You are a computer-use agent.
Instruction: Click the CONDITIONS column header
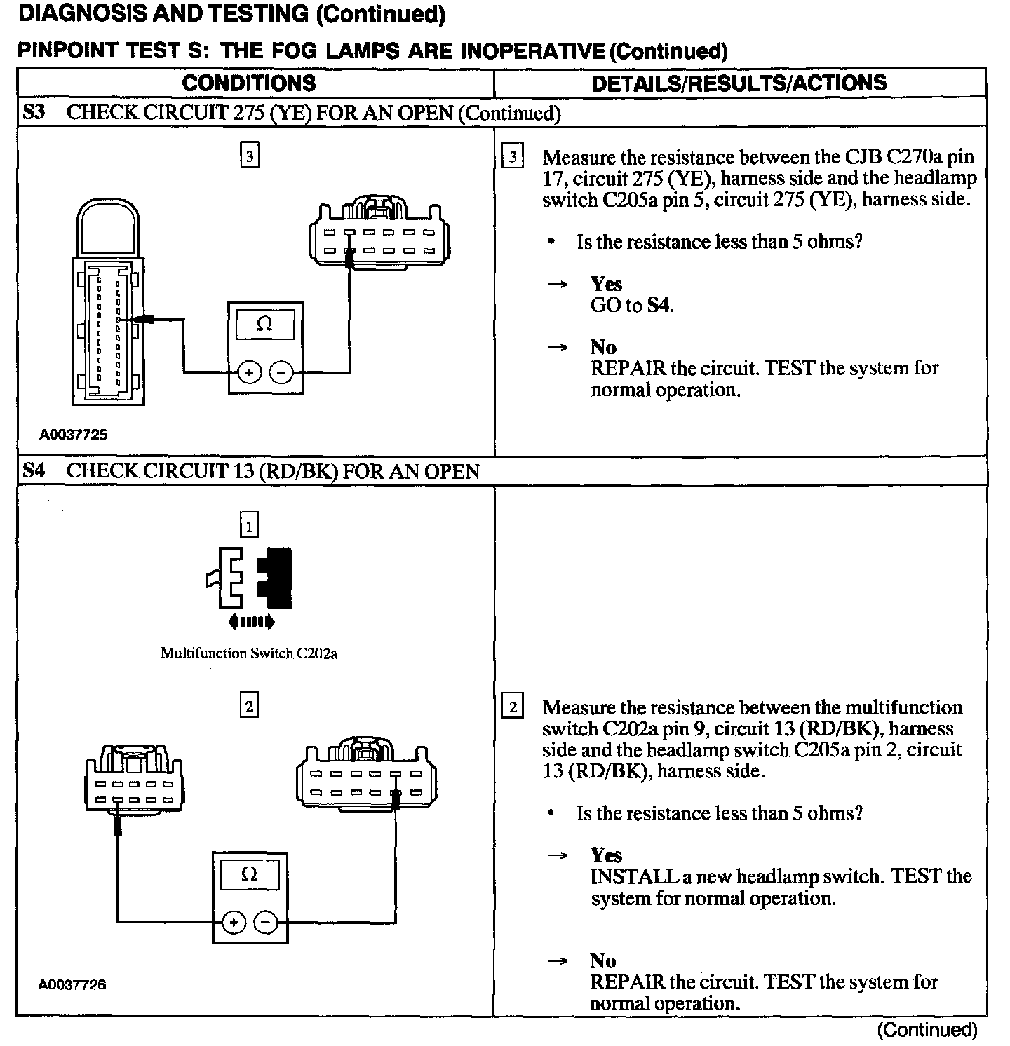click(249, 83)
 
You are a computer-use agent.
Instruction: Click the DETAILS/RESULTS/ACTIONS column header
click(739, 83)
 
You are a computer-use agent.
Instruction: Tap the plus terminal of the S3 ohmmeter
click(249, 373)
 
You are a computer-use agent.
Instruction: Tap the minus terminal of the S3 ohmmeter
click(282, 373)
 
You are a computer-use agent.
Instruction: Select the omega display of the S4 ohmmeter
click(249, 875)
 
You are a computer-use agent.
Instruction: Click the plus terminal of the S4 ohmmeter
click(234, 923)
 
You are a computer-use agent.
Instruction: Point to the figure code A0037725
click(74, 435)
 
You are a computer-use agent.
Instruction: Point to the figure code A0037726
click(72, 984)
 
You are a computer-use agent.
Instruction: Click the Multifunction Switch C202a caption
click(249, 653)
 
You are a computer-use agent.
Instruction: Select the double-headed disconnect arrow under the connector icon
click(250, 621)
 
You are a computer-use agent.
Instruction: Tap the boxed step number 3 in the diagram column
click(250, 155)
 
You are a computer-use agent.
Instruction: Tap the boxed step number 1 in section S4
click(249, 524)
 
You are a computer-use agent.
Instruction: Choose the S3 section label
click(34, 112)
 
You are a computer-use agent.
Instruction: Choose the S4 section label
click(34, 470)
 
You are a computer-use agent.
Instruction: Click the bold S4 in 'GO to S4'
click(659, 306)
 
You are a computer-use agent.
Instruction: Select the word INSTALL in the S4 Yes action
click(624, 876)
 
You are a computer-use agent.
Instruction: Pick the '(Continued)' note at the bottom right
click(927, 1029)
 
